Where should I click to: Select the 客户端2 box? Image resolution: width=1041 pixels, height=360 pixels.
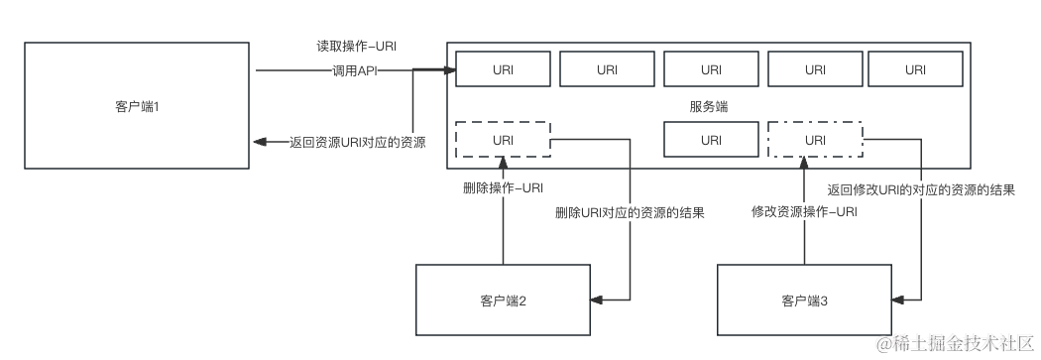[503, 300]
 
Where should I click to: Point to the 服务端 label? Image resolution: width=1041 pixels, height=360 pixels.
[709, 106]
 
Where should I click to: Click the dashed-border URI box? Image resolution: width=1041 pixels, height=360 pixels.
[503, 140]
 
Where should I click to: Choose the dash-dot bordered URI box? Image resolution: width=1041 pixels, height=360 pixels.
[815, 140]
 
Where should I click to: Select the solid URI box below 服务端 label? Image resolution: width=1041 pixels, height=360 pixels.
[711, 140]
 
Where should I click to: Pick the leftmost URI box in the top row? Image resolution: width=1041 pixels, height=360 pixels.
[503, 69]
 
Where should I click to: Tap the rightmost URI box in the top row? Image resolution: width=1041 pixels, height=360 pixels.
[915, 69]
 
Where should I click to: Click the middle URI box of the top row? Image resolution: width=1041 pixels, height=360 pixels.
[711, 69]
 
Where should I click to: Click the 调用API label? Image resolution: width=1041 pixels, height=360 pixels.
[354, 70]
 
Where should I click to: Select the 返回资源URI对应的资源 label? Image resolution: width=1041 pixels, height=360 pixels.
[357, 142]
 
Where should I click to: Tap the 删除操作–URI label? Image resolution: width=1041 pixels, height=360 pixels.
[503, 186]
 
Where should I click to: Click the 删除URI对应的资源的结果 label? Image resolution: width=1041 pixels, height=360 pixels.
[630, 212]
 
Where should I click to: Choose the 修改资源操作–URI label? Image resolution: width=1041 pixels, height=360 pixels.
[804, 211]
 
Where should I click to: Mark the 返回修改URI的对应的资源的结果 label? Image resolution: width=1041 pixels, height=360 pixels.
[921, 188]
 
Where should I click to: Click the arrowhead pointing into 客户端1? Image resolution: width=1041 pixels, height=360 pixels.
[259, 142]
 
